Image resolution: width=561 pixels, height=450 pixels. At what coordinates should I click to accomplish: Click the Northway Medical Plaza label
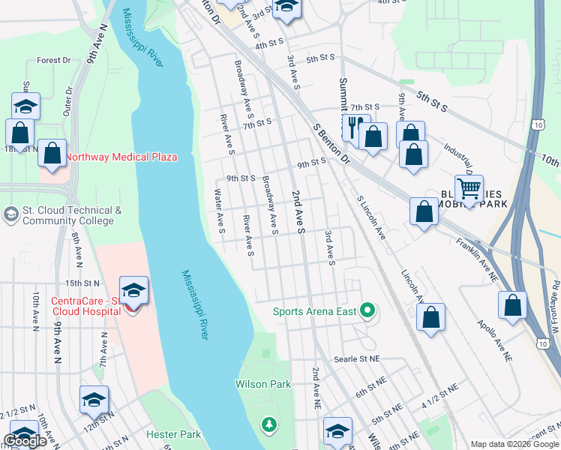[x=121, y=157]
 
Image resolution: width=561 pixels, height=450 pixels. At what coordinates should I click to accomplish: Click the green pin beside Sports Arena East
[x=367, y=310]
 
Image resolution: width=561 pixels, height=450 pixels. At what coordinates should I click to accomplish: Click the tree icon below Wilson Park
[x=268, y=425]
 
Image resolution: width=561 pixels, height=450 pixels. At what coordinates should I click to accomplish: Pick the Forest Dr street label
[x=53, y=60]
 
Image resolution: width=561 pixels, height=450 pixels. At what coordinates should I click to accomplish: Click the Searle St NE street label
[x=358, y=360]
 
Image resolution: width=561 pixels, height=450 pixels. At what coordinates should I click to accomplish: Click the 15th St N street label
[x=82, y=283]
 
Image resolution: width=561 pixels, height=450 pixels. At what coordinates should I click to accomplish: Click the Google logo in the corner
[x=25, y=441]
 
